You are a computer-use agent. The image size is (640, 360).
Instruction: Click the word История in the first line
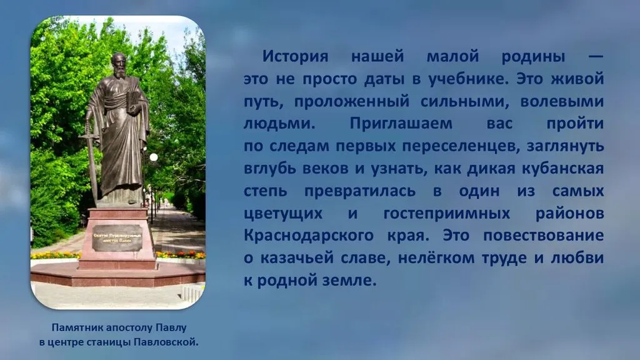(x=295, y=56)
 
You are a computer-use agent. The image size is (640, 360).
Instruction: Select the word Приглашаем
(x=401, y=123)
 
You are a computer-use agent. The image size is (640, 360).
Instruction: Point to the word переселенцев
(x=461, y=146)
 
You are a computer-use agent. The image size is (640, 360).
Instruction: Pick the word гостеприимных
(x=447, y=213)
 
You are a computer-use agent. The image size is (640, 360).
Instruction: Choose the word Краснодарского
(x=309, y=236)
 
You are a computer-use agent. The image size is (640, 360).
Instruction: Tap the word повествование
(x=544, y=236)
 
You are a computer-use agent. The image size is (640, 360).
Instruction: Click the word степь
(x=265, y=191)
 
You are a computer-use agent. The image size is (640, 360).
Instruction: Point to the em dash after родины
(x=596, y=56)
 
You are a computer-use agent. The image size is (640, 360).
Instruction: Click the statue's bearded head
(x=119, y=65)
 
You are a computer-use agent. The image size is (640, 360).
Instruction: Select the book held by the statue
(x=132, y=102)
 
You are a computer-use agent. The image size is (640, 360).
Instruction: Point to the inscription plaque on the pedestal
(x=117, y=238)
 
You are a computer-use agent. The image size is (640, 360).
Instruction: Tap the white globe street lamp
(x=154, y=157)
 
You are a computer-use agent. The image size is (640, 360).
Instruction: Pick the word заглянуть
(x=565, y=146)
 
